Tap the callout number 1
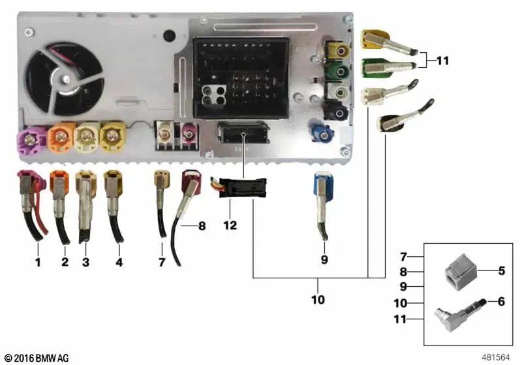click(38, 263)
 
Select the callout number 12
click(229, 226)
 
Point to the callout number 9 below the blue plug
click(324, 260)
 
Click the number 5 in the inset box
click(501, 270)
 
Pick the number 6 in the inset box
click(501, 302)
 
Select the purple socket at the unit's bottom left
click(31, 139)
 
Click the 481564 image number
click(494, 357)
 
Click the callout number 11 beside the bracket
click(443, 61)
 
